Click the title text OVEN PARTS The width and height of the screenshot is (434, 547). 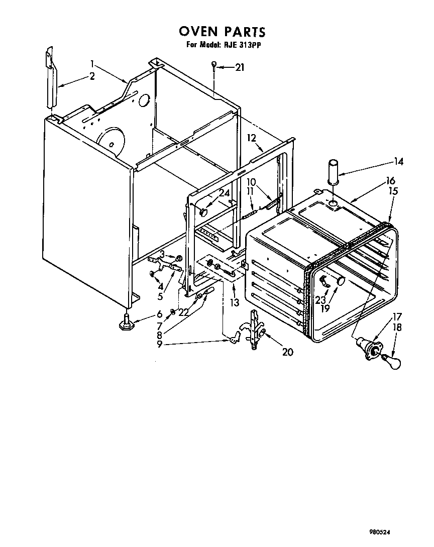coord(222,32)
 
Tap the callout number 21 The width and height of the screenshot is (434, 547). coord(240,67)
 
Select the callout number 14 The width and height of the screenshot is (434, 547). coord(399,162)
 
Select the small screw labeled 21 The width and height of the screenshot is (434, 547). coord(214,66)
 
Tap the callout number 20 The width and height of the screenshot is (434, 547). coord(287,352)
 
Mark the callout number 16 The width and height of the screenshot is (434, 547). coord(390,181)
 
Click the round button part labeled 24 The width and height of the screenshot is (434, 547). coord(203,212)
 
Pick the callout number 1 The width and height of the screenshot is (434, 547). coord(92,64)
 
